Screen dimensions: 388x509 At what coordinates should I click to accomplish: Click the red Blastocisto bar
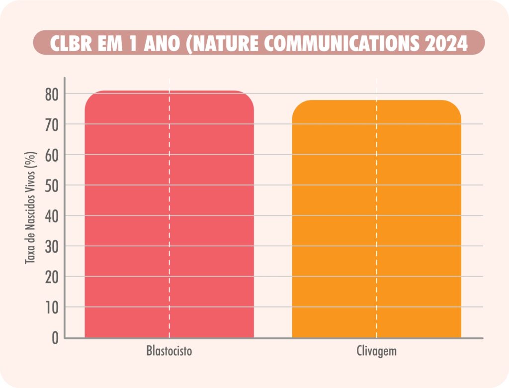[169, 214]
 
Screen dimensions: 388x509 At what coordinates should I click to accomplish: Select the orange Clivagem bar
[376, 219]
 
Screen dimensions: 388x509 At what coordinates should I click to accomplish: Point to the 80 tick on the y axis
[52, 94]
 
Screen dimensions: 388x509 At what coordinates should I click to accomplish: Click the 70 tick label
[52, 124]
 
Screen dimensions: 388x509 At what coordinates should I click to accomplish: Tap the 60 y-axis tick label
[52, 155]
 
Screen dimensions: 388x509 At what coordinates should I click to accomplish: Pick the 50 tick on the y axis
[52, 185]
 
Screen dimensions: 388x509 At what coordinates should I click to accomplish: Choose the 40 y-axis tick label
[52, 216]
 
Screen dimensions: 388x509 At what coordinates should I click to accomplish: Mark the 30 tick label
[52, 246]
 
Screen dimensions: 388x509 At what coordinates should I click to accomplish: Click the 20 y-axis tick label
[52, 277]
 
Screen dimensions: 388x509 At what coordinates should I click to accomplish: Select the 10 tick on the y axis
[52, 307]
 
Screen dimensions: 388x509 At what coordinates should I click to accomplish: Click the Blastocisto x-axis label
[169, 351]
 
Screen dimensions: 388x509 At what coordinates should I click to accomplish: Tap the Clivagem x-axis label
[376, 351]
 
